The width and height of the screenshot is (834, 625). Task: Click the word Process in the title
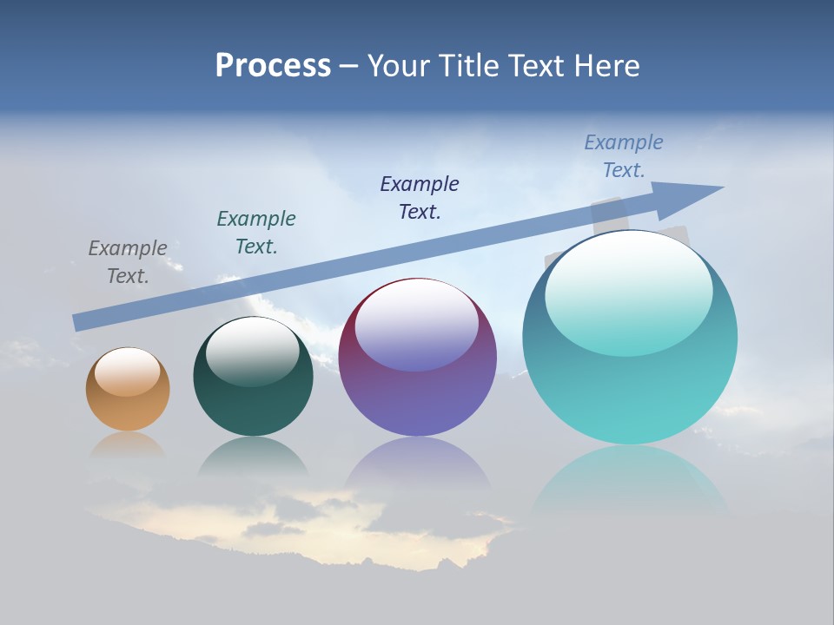(273, 65)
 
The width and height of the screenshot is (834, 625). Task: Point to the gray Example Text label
(128, 262)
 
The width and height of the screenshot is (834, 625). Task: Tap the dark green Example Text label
(256, 233)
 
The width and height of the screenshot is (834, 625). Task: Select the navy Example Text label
(420, 197)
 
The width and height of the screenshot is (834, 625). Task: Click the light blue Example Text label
(624, 156)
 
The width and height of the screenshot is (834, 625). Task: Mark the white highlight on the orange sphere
(128, 372)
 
